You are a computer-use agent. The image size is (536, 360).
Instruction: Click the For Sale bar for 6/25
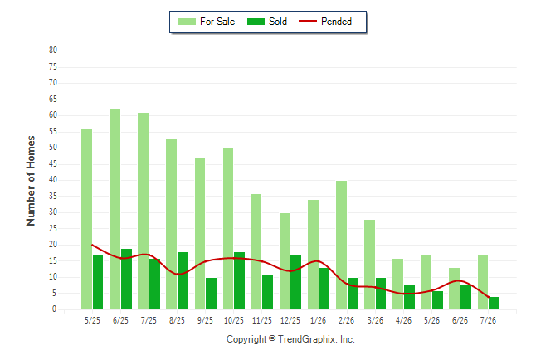[115, 210]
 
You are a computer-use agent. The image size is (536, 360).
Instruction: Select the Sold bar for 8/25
[183, 281]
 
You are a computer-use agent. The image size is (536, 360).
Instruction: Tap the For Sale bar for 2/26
[341, 246]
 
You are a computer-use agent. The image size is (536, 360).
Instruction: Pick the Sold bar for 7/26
[494, 304]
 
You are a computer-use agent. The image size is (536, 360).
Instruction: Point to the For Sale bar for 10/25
[228, 229]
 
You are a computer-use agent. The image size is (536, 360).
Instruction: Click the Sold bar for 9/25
[212, 294]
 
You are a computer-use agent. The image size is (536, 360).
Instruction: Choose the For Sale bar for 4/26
[397, 285]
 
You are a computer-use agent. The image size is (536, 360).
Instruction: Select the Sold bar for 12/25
[295, 282]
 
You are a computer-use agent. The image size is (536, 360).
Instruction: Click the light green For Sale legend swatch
[187, 22]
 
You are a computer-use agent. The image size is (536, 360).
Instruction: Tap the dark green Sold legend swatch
[256, 22]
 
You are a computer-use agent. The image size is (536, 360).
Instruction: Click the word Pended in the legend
[336, 22]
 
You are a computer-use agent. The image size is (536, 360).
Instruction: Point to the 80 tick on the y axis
[53, 51]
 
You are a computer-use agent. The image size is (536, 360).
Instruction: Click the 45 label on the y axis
[53, 164]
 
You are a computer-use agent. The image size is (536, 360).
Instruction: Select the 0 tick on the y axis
[55, 309]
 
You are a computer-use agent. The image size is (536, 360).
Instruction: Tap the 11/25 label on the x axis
[262, 320]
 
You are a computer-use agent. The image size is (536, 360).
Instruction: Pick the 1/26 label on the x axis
[319, 320]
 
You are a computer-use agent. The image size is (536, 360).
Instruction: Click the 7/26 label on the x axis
[488, 320]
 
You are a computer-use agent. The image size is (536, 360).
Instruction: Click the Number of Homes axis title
[31, 181]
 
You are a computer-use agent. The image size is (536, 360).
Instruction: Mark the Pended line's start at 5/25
[92, 245]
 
